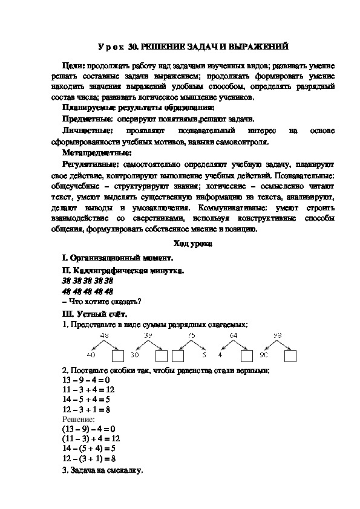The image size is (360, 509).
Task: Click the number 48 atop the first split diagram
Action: click(104, 336)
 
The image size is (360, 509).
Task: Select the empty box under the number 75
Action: click(179, 355)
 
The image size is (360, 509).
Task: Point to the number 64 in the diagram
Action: click(234, 336)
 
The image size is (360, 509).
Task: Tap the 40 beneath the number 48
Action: click(91, 355)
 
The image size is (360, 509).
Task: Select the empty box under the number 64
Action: click(246, 355)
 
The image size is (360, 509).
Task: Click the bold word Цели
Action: click(74, 65)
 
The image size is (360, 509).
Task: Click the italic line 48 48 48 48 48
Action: click(88, 291)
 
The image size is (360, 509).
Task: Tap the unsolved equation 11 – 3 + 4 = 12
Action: click(88, 389)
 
